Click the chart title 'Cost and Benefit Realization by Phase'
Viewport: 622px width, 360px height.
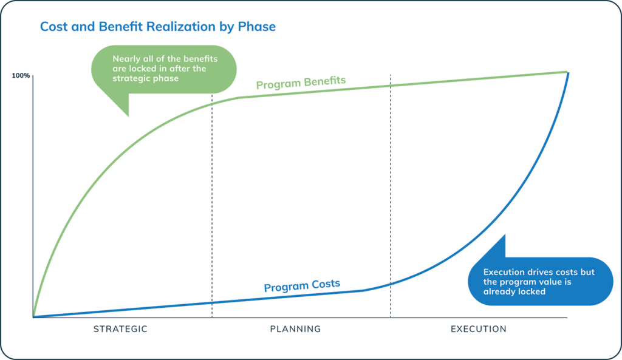[157, 27]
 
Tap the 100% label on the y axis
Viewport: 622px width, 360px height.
[21, 76]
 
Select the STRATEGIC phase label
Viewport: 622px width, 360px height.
[120, 329]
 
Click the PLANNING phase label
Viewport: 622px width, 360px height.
[295, 329]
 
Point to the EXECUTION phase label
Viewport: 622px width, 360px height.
[478, 329]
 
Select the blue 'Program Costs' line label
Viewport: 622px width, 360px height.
[302, 285]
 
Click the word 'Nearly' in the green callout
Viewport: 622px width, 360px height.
[126, 59]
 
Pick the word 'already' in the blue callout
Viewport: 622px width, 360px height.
[497, 291]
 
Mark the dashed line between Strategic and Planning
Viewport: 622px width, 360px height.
[212, 200]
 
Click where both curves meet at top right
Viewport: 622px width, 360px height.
[567, 72]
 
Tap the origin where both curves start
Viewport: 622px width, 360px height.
[33, 316]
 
